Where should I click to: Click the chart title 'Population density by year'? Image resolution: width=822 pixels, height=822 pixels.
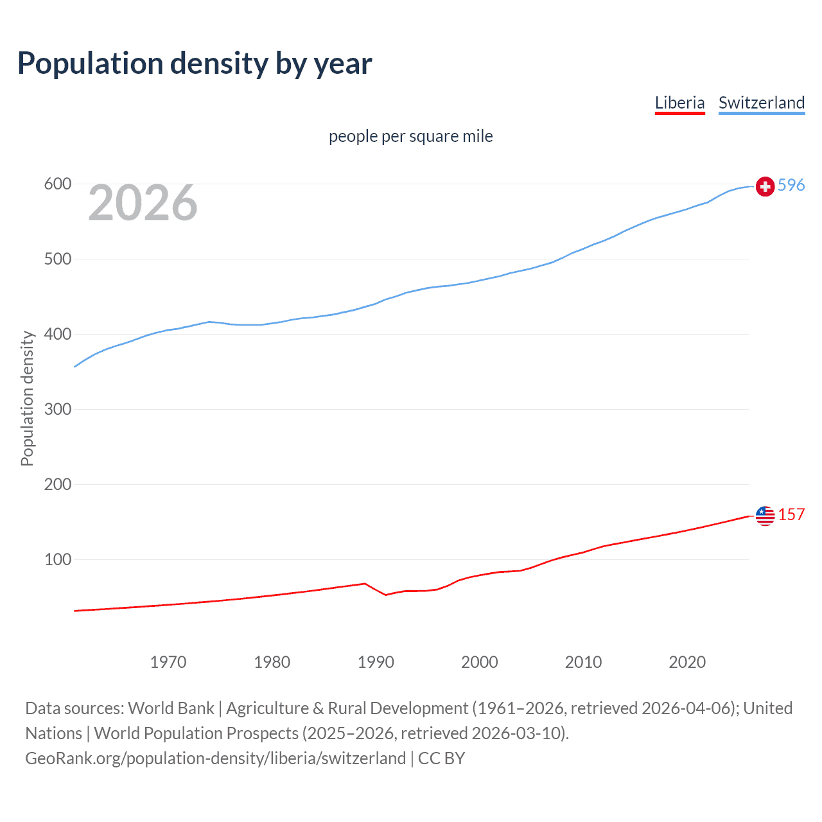[195, 63]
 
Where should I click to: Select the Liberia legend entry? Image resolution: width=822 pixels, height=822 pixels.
[679, 103]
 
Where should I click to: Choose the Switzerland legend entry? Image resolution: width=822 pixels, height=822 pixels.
[761, 103]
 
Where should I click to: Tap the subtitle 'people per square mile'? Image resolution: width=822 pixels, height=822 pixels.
[410, 136]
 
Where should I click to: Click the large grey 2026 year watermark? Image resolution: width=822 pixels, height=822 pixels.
[143, 203]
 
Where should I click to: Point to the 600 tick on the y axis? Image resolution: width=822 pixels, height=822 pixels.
[57, 184]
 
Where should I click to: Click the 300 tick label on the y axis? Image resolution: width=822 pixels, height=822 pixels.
[57, 409]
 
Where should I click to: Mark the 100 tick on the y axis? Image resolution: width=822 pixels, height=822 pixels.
[57, 559]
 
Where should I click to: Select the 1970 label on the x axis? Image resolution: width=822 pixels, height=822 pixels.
[168, 662]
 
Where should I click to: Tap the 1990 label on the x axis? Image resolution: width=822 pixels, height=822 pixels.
[376, 662]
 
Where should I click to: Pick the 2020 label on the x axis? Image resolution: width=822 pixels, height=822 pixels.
[687, 662]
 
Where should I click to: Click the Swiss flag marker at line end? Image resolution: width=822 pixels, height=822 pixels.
[765, 186]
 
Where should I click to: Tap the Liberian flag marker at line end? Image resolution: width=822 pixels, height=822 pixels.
[765, 515]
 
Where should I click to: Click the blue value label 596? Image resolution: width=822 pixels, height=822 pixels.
[791, 185]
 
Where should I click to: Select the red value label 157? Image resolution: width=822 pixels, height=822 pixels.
[791, 514]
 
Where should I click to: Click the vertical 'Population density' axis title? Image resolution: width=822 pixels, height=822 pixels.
[27, 398]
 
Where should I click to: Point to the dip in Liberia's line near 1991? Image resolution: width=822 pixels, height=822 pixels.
[386, 595]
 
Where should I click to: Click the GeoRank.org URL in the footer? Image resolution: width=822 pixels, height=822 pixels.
[215, 758]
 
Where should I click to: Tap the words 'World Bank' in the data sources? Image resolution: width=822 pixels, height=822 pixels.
[171, 708]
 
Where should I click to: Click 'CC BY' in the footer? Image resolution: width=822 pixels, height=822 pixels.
[441, 758]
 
